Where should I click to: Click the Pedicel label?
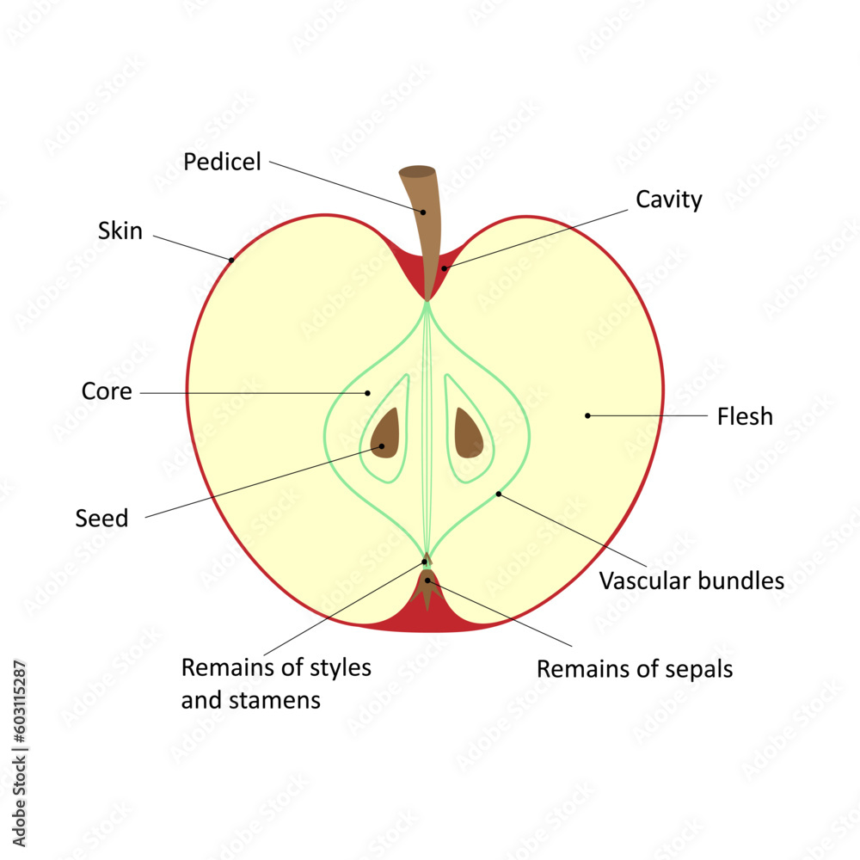222,162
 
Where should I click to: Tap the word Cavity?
668,200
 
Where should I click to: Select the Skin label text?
120,230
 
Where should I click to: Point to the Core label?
107,391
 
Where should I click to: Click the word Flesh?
745,417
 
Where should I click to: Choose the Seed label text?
101,519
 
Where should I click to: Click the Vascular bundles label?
691,581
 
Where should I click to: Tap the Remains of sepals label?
635,669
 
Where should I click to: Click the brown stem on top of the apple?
421,206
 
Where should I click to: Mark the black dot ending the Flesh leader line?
587,415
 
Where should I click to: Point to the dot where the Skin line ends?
231,258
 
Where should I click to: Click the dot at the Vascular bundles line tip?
498,494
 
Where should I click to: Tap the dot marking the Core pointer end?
367,393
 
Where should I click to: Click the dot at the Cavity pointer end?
444,268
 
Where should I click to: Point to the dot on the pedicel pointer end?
423,212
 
